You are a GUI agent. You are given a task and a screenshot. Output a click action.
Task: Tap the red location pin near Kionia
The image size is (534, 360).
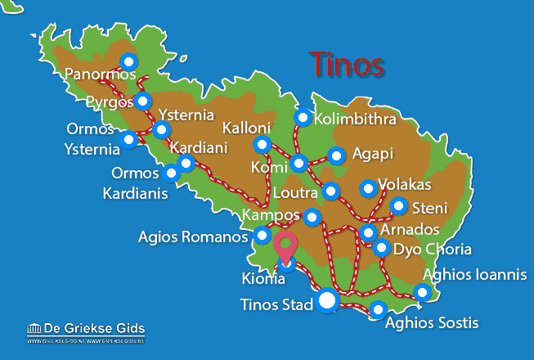pyautogui.click(x=285, y=245)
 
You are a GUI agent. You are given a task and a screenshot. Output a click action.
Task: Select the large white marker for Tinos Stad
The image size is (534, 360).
pyautogui.click(x=327, y=301)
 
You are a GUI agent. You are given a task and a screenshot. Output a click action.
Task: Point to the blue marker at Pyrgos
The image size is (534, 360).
pyautogui.click(x=143, y=101)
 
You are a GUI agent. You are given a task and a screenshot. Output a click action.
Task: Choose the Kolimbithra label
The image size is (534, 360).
pyautogui.click(x=356, y=119)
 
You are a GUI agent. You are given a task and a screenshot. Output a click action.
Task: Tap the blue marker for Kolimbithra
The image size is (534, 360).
pyautogui.click(x=303, y=118)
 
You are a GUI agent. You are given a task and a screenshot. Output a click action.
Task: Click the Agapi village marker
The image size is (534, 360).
pyautogui.click(x=335, y=155)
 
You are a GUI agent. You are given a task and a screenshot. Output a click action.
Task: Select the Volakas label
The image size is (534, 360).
pyautogui.click(x=406, y=185)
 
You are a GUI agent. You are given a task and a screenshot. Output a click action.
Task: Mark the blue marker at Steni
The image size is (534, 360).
pyautogui.click(x=398, y=205)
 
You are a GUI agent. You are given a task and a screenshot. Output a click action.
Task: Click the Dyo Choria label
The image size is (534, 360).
pyautogui.click(x=433, y=249)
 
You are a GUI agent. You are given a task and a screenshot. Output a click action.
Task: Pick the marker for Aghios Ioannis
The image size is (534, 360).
pyautogui.click(x=422, y=292)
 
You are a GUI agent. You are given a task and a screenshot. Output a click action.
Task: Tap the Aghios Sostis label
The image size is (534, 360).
pyautogui.click(x=432, y=323)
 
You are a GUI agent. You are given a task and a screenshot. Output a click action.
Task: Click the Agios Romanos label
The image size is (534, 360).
pyautogui.click(x=193, y=237)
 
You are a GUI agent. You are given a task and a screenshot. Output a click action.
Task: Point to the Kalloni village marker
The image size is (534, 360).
pyautogui.click(x=262, y=145)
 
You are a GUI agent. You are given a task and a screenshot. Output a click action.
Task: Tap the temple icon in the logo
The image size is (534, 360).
pyautogui.click(x=34, y=329)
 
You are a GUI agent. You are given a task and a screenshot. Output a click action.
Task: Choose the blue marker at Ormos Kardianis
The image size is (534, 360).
pyautogui.click(x=171, y=173)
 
